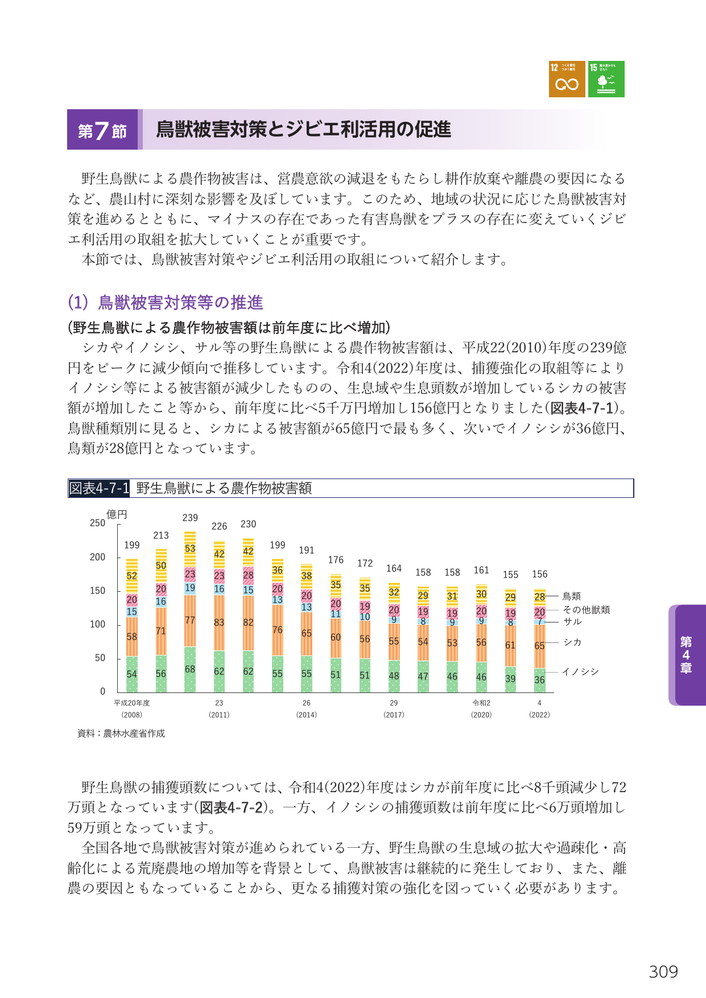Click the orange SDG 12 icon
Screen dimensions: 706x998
(567, 79)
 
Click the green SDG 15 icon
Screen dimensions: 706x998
(606, 79)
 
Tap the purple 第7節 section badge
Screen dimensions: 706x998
(102, 130)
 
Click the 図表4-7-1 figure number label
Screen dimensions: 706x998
(99, 488)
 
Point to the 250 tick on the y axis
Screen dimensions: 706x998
(97, 523)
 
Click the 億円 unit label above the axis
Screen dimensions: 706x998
(117, 514)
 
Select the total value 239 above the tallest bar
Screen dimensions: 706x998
(190, 518)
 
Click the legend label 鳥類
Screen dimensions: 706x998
(572, 596)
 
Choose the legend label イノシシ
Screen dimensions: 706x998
(580, 672)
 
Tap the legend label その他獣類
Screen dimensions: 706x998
(587, 610)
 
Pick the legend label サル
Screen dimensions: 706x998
(572, 622)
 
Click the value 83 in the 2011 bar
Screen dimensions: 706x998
(219, 622)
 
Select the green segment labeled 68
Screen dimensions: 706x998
(190, 669)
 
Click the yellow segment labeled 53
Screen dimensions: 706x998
(190, 549)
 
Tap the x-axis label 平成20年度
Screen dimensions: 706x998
(132, 703)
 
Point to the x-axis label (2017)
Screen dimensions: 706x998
(394, 715)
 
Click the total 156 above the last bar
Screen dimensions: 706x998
(540, 574)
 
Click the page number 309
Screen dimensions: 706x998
(663, 972)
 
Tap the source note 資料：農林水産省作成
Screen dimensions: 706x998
(121, 733)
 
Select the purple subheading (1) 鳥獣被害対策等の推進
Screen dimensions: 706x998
(166, 302)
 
